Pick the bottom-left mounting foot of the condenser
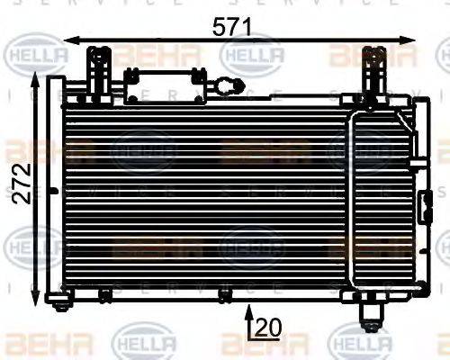coord(61,303)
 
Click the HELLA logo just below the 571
coord(252,56)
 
